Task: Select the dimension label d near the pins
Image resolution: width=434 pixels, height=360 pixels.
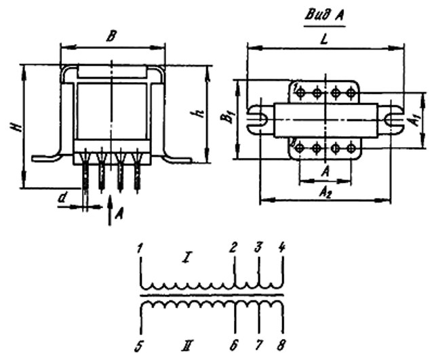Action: pos(62,198)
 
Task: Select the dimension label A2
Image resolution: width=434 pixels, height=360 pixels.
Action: pos(325,193)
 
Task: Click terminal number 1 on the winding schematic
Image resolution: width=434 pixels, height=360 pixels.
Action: pos(140,249)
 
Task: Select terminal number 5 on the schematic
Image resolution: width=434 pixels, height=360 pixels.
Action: pos(138,346)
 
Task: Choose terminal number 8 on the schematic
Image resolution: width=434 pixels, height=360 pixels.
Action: pos(281,346)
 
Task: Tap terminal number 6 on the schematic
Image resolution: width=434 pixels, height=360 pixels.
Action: pos(234,346)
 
